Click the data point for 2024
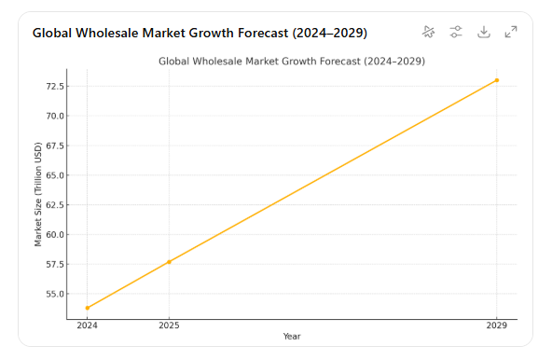coord(87,308)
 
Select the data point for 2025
coord(169,262)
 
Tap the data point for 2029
coord(497,80)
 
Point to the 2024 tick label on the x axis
coord(87,326)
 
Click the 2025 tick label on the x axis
coord(169,326)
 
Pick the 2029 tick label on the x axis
coord(497,326)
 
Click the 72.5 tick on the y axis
coord(54,86)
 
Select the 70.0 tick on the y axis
coord(54,116)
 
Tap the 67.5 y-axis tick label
coord(54,145)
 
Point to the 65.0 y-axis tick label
coord(54,175)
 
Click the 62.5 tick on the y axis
coord(54,204)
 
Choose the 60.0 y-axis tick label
coord(54,234)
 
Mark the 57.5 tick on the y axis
coord(54,264)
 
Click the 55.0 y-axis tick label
coord(54,294)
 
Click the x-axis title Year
coord(292,337)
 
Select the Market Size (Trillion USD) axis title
coord(38,194)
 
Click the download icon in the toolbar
coord(483,32)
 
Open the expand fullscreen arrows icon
coord(511,32)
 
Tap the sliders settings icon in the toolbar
coord(455,32)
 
